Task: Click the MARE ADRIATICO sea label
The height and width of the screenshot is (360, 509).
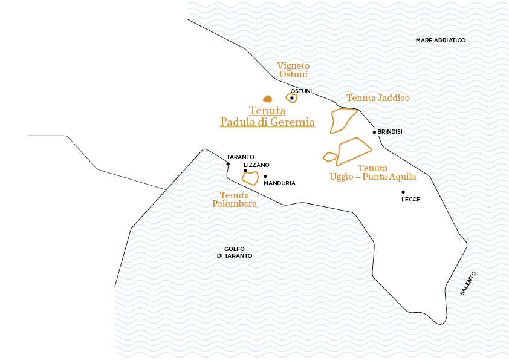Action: click(x=441, y=41)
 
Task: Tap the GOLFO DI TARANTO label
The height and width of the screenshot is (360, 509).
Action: click(x=234, y=252)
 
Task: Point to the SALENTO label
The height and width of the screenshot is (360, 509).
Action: click(x=468, y=283)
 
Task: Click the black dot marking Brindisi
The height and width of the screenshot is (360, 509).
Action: click(x=374, y=132)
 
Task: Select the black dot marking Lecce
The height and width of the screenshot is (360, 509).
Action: click(x=403, y=192)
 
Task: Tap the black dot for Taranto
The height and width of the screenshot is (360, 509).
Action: click(x=228, y=164)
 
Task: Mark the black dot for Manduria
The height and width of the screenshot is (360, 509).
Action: click(x=265, y=176)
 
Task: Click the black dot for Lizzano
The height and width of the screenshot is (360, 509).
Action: click(x=245, y=171)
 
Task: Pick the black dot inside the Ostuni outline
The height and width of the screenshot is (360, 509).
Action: click(x=292, y=97)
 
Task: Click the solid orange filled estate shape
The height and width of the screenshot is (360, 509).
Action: click(x=267, y=99)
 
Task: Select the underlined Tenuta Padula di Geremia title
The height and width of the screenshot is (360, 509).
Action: click(x=267, y=116)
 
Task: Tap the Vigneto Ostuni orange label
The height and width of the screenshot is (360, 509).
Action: click(x=293, y=70)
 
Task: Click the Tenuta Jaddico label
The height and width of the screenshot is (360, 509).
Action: click(x=378, y=98)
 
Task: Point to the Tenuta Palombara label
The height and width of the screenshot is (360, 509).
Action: click(x=235, y=200)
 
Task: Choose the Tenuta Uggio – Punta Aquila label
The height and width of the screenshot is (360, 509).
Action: click(x=372, y=172)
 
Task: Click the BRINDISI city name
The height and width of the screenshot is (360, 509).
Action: click(x=391, y=132)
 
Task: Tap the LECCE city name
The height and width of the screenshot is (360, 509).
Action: click(x=410, y=200)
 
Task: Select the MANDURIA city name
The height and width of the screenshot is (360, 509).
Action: click(x=279, y=183)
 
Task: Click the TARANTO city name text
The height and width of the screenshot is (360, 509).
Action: click(x=240, y=157)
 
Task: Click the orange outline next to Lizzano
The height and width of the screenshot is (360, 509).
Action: click(x=251, y=178)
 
